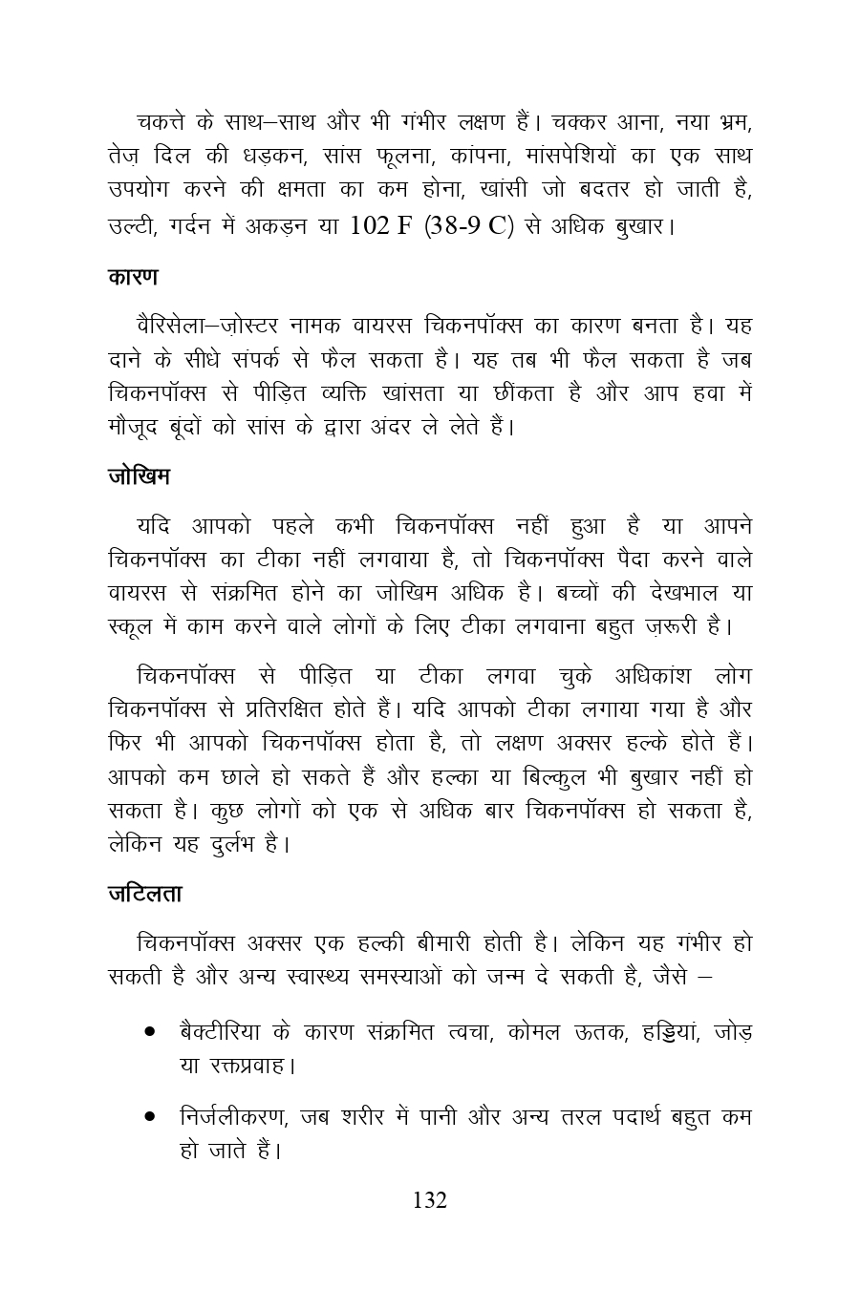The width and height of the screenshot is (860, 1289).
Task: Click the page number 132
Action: (430, 1200)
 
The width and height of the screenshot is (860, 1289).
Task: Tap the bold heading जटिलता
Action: (144, 895)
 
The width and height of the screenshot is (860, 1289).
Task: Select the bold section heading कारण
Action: (133, 278)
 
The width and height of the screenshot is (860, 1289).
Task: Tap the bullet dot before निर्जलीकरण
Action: (150, 1115)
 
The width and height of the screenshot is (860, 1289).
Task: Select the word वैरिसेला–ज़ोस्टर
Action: (217, 327)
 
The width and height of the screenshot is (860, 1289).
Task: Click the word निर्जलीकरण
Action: (235, 1115)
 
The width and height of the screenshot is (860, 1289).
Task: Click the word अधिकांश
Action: (643, 676)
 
